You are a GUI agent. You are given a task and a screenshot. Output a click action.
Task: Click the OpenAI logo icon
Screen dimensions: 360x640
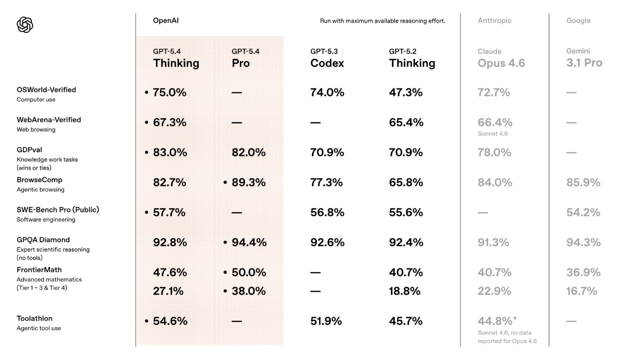coord(25,25)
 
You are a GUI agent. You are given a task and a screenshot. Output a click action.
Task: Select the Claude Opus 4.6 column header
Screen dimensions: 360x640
coord(501,58)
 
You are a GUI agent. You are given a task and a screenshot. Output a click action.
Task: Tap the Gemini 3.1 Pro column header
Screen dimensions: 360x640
coord(584,58)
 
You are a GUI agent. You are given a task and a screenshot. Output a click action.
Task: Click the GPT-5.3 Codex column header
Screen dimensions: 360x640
coord(327,58)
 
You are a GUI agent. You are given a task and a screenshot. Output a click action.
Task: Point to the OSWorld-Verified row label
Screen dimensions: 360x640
coord(46,90)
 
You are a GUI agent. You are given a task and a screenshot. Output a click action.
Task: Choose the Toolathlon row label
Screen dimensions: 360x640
coord(34,319)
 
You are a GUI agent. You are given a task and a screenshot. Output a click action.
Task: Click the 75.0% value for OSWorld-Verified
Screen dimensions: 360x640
coord(169,92)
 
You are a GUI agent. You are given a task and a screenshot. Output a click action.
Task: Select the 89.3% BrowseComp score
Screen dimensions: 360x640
coord(249,183)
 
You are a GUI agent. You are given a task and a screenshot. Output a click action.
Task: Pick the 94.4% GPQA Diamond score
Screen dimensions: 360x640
coord(249,243)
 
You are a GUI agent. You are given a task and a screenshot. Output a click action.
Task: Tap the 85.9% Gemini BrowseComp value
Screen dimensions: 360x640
coord(583,183)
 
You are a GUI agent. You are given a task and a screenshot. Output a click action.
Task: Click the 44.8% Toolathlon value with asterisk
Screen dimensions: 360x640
coord(497,321)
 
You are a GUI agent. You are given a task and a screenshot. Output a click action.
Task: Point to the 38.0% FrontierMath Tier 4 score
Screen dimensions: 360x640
coord(249,291)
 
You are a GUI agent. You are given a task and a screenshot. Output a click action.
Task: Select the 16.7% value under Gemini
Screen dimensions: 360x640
coord(582,291)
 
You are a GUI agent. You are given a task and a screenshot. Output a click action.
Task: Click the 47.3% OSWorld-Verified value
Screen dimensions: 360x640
coord(405,92)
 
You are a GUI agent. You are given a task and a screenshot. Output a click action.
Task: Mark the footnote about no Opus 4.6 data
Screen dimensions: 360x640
coord(507,337)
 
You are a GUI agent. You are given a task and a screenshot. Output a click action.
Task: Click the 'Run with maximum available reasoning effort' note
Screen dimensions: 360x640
coord(382,21)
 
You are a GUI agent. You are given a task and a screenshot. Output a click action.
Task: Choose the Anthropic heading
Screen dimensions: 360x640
coord(494,20)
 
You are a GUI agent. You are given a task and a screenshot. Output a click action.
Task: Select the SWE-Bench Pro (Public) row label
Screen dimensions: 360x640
coord(58,210)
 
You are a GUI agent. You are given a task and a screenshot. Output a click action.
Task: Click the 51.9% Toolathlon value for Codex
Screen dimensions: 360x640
coord(326,321)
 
